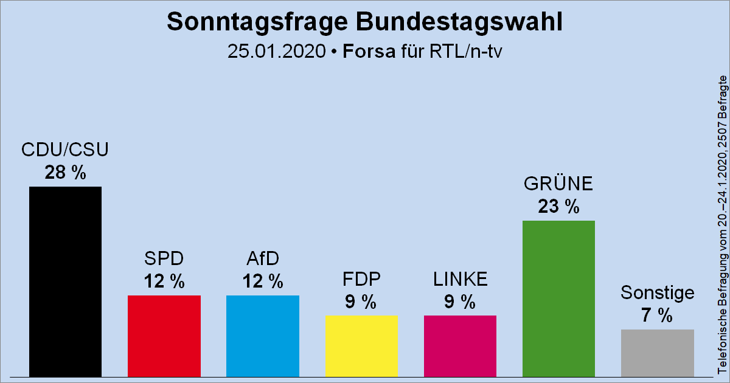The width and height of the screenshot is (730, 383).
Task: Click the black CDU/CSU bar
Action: pyautogui.click(x=65, y=281)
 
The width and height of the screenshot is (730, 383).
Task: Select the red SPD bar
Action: pyautogui.click(x=164, y=336)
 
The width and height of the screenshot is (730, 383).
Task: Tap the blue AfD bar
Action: pyautogui.click(x=262, y=336)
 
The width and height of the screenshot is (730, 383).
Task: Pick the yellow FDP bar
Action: pyautogui.click(x=361, y=346)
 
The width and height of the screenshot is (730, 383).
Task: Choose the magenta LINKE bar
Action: pyautogui.click(x=460, y=346)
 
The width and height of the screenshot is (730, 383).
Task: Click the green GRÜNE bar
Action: pyautogui.click(x=558, y=298)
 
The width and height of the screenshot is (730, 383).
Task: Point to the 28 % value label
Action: pyautogui.click(x=65, y=173)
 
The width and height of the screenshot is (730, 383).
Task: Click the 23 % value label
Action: pyautogui.click(x=558, y=207)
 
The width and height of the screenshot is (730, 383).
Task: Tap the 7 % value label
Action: pyautogui.click(x=657, y=316)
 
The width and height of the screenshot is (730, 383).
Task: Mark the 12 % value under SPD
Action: pyautogui.click(x=164, y=281)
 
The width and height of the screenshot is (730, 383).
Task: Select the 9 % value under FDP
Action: pyautogui.click(x=361, y=302)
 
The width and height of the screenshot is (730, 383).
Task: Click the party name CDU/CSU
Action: pyautogui.click(x=65, y=150)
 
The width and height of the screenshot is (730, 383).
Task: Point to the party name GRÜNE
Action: pyautogui.click(x=558, y=184)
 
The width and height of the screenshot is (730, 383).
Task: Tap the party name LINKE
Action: pyautogui.click(x=460, y=279)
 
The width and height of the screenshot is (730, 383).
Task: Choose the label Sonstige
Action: pyautogui.click(x=657, y=293)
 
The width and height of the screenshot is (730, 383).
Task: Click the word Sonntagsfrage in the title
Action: pyautogui.click(x=246, y=22)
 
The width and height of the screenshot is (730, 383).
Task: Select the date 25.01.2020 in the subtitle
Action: pyautogui.click(x=276, y=51)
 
